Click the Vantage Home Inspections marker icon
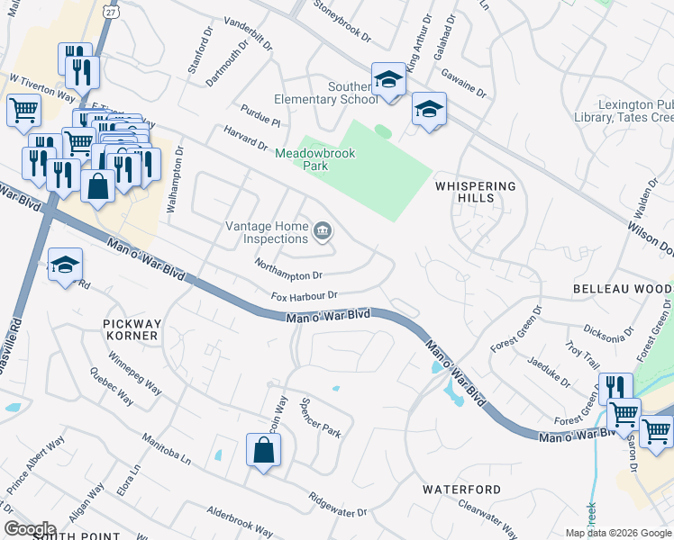[x=322, y=233]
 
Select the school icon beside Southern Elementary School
[x=388, y=79]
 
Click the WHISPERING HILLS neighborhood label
[x=476, y=192]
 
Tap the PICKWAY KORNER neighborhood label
[x=132, y=328]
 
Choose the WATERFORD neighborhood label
[x=462, y=490]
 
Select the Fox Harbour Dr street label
[x=304, y=295]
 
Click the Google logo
[x=30, y=528]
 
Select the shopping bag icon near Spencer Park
[x=263, y=449]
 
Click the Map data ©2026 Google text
[x=617, y=533]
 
